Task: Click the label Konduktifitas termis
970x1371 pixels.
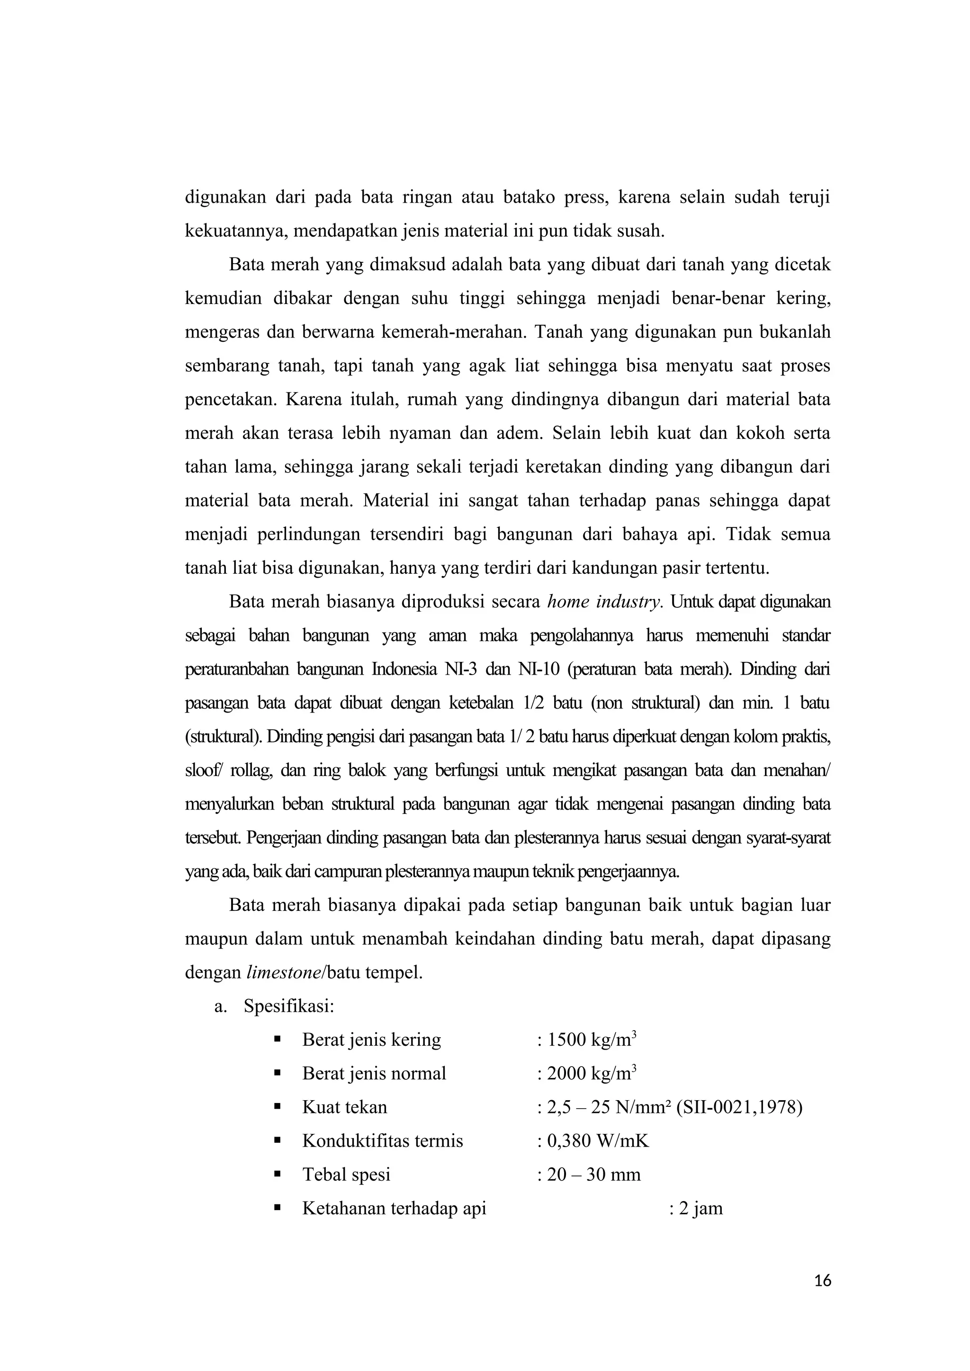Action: coord(382,1141)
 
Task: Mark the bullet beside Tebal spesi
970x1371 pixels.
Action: coord(277,1174)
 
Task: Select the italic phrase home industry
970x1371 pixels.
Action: coord(604,602)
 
